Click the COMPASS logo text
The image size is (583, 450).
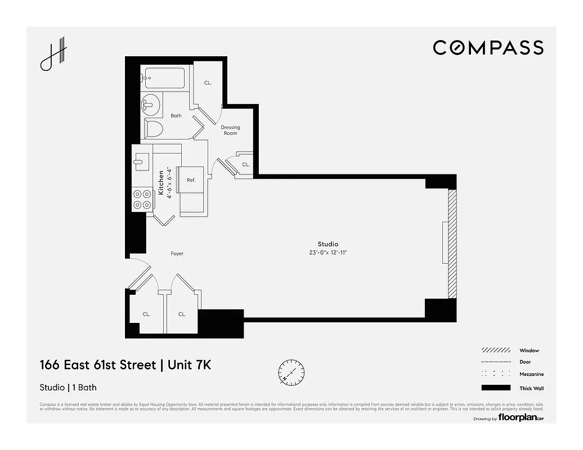tap(488, 48)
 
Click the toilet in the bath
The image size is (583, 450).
tap(153, 129)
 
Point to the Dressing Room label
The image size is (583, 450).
tap(230, 130)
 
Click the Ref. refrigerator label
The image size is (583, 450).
tap(191, 180)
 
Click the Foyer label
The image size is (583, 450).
tap(177, 254)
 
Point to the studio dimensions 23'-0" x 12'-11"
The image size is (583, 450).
tap(328, 253)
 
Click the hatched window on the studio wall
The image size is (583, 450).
tap(451, 244)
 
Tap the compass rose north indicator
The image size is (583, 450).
tap(291, 372)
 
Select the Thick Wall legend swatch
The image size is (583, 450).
tap(496, 388)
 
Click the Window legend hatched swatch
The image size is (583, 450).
tap(496, 350)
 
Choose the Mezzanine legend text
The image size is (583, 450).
tap(531, 375)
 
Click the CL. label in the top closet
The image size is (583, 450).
tap(208, 83)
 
